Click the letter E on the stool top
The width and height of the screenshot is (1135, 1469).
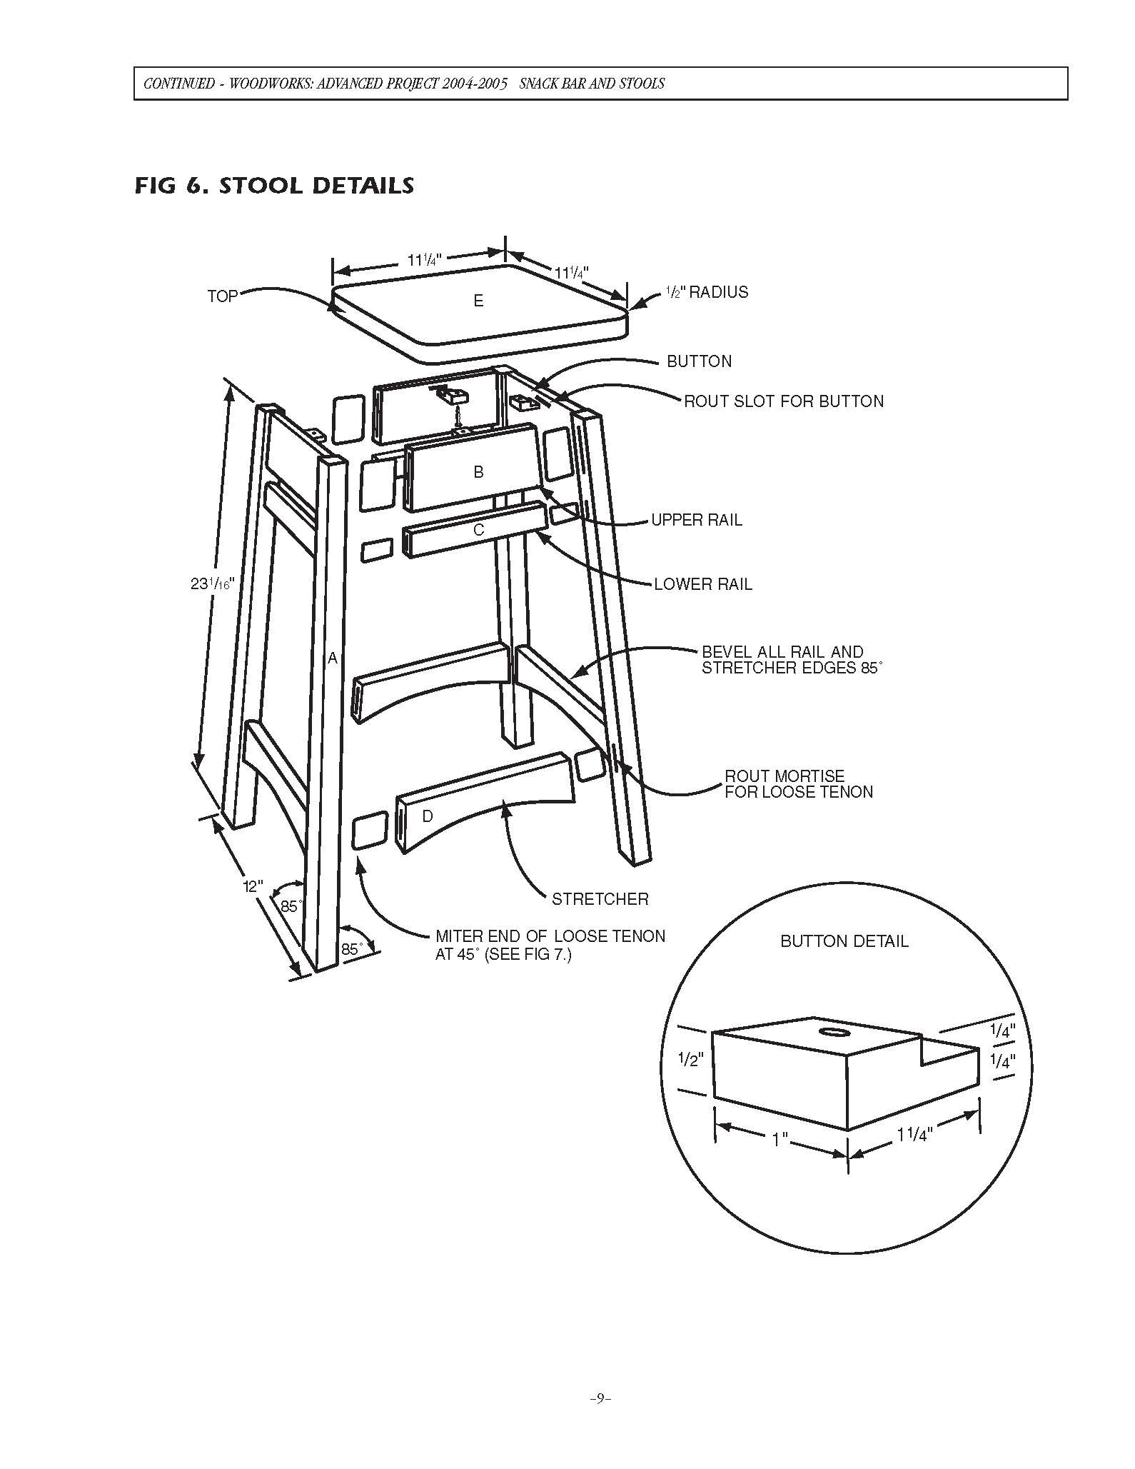tap(478, 301)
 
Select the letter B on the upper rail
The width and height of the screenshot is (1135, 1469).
tap(478, 472)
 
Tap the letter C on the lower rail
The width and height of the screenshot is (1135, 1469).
tap(478, 530)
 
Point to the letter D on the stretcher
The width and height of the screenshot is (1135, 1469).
tap(427, 816)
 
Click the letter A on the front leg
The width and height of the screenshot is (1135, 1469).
tap(332, 658)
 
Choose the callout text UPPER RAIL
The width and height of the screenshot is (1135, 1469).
tap(696, 520)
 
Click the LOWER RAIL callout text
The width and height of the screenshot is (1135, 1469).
tap(702, 584)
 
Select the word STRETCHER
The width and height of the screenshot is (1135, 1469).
tap(600, 899)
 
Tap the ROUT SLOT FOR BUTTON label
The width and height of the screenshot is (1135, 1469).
tap(783, 401)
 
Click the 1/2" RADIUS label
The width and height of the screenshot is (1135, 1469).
tap(706, 292)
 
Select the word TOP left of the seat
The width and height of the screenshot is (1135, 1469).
tap(222, 296)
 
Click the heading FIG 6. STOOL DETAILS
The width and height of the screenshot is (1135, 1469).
tap(274, 186)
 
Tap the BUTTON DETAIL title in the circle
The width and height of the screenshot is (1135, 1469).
tap(844, 941)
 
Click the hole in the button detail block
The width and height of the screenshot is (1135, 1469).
tap(832, 1032)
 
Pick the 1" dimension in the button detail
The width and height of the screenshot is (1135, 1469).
tap(780, 1139)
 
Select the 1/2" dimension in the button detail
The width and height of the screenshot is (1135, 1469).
tap(691, 1060)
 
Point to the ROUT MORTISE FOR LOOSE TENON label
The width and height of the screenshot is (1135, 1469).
tap(798, 783)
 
